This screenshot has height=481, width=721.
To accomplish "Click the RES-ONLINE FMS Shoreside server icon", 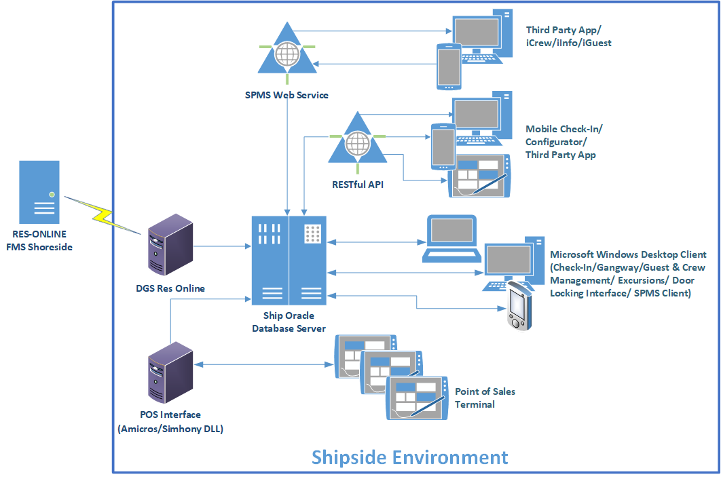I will click(39, 189).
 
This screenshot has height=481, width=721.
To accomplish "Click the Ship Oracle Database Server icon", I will click(289, 260).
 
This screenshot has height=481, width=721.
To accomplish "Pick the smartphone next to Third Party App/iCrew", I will click(448, 66).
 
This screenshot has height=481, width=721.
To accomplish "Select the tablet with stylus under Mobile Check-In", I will click(479, 176).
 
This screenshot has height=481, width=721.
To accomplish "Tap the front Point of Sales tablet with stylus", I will click(416, 398).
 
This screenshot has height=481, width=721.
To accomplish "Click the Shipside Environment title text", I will click(409, 457).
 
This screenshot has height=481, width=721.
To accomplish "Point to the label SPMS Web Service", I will click(286, 95).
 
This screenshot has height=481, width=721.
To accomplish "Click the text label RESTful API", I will click(358, 183).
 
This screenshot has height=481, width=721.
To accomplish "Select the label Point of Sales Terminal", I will click(485, 398).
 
